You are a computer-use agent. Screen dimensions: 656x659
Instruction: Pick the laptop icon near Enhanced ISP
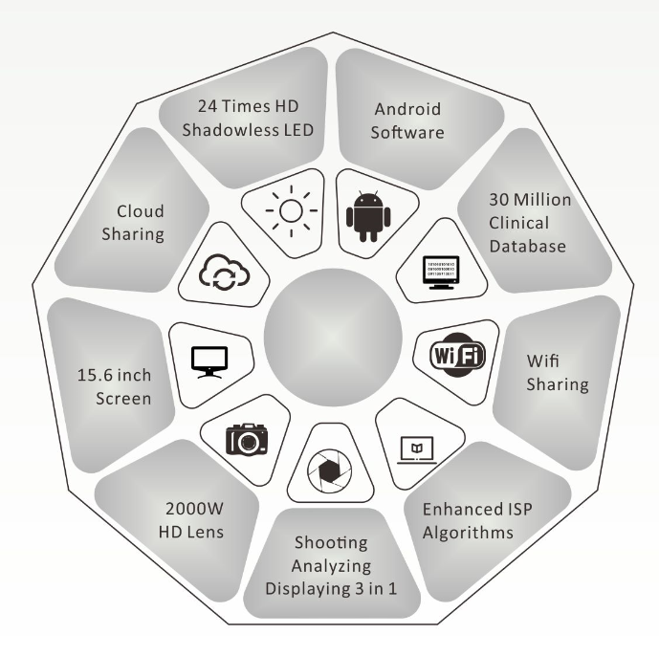pyautogui.click(x=418, y=446)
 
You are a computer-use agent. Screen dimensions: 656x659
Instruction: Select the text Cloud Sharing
pyautogui.click(x=141, y=221)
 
